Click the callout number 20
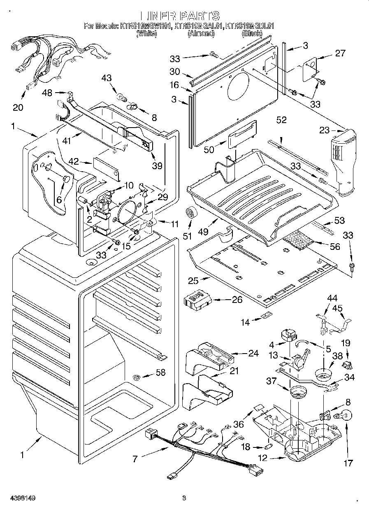click(x=17, y=107)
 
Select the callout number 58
click(x=160, y=373)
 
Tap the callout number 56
click(x=335, y=246)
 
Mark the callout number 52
click(x=281, y=120)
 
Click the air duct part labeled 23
click(x=342, y=161)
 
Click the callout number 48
click(x=47, y=93)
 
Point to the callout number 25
click(x=193, y=281)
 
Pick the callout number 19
click(x=346, y=342)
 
